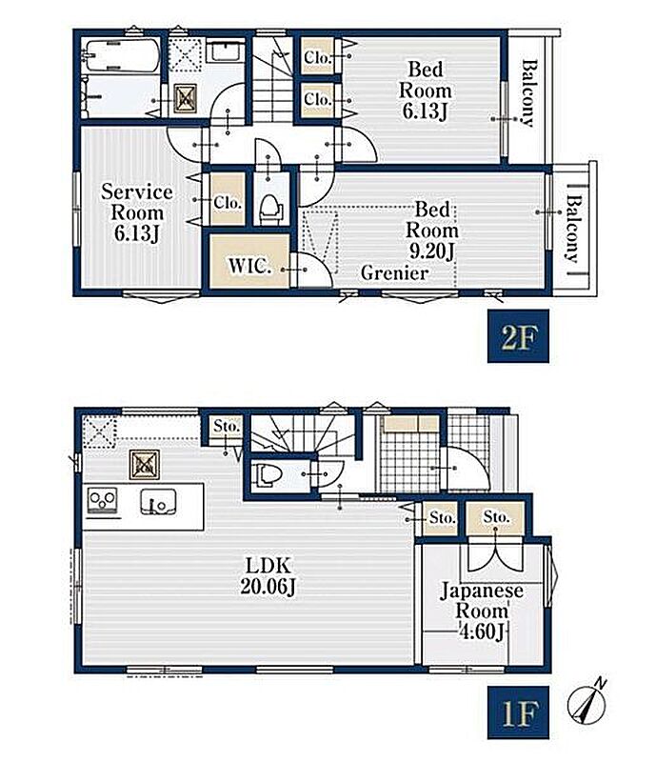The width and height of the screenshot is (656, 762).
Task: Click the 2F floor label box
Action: [x=518, y=336]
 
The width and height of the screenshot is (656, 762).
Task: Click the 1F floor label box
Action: [x=518, y=712]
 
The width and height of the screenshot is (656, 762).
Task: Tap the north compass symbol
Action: [x=588, y=700]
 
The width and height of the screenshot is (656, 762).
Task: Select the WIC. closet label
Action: [x=249, y=266]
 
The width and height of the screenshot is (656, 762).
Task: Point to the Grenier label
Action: [x=394, y=273]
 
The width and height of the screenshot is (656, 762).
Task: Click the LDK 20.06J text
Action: [x=268, y=576]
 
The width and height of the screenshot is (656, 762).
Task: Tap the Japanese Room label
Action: [x=481, y=601]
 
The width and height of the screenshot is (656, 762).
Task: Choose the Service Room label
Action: [x=136, y=202]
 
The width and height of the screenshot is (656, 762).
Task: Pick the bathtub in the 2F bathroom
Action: [x=122, y=56]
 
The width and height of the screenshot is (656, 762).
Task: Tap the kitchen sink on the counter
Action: [x=158, y=502]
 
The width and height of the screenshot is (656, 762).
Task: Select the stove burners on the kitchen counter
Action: [x=102, y=501]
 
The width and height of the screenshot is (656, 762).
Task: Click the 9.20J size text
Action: [x=431, y=251]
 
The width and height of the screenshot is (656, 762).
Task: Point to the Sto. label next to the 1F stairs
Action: [x=227, y=426]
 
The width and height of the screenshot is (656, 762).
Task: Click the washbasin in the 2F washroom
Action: [x=226, y=51]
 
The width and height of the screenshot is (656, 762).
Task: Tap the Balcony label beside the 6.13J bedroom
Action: [x=528, y=92]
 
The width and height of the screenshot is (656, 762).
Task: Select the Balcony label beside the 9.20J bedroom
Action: [x=574, y=229]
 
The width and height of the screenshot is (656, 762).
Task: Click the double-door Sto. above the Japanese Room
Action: [x=496, y=517]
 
